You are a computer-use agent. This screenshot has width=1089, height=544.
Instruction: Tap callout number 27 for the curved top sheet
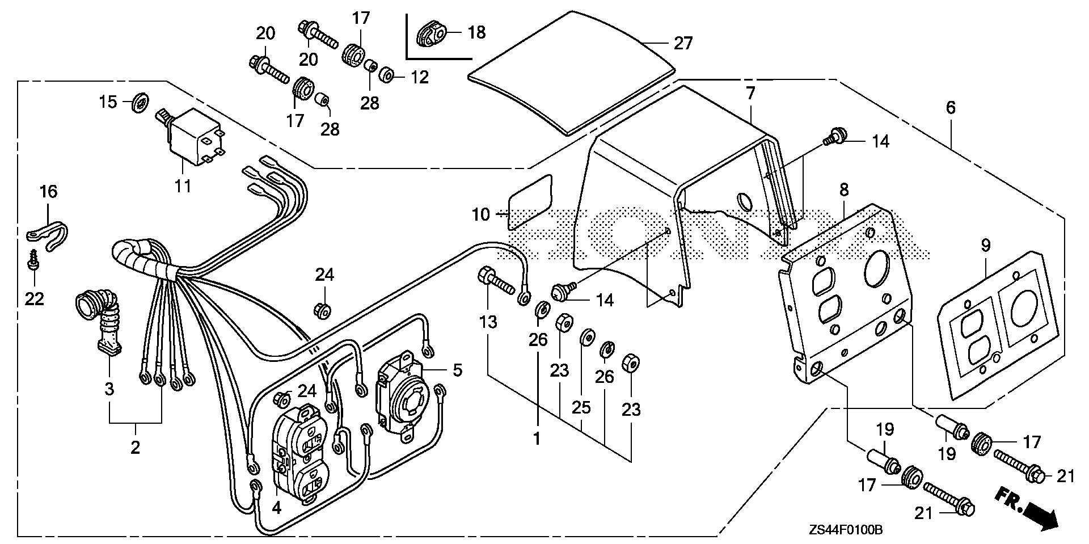coord(683,43)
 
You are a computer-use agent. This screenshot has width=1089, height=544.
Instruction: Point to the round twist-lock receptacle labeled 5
coord(403,388)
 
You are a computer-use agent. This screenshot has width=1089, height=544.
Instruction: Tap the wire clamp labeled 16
coord(49,230)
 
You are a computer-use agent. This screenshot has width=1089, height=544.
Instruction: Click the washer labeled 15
coord(138,103)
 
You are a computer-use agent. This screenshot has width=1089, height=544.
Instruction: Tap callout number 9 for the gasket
coord(985,246)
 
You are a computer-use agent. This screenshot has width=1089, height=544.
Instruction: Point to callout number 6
coord(951,107)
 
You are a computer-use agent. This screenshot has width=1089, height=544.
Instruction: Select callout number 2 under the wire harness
coord(135,447)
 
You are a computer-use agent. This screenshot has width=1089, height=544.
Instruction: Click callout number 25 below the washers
coord(582,407)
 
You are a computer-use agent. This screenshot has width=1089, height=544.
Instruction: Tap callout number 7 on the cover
coord(750,94)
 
